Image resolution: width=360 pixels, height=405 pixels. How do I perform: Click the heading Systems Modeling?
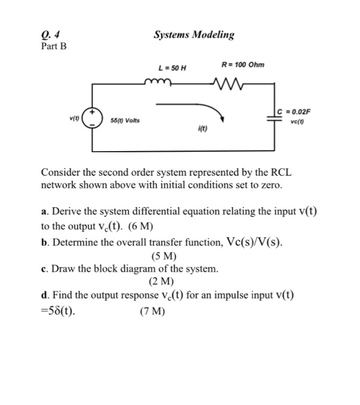pos(194,35)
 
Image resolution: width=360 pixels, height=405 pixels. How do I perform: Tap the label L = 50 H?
pos(172,68)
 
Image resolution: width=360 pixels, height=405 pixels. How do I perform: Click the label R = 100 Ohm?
pos(243,64)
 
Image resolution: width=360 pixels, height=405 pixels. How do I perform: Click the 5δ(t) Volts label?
pos(126,120)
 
